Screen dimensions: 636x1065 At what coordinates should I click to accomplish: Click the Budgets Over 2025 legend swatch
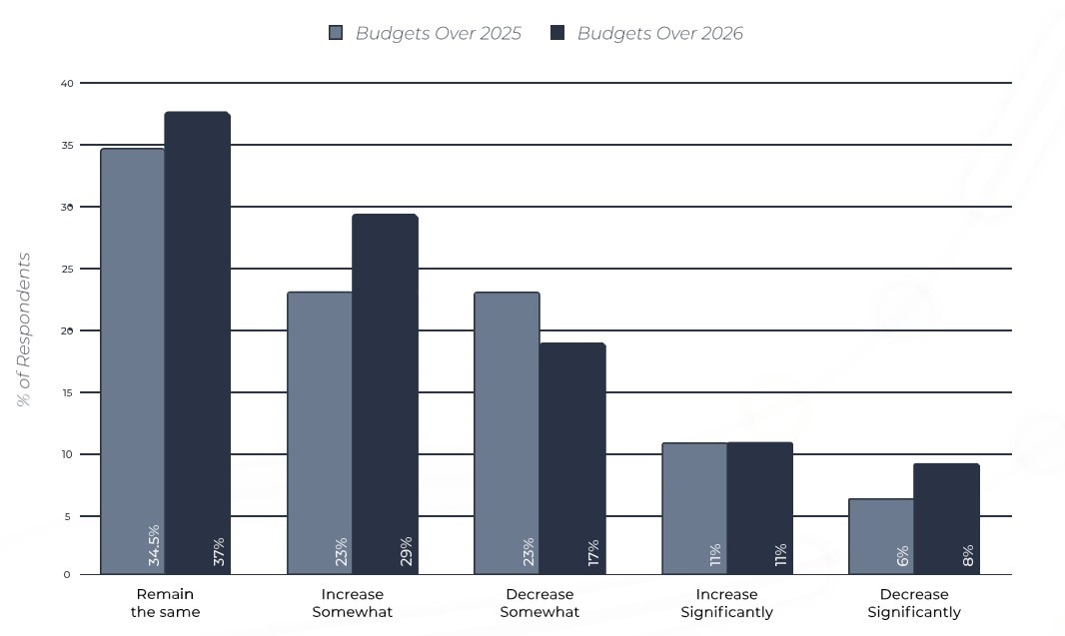click(336, 33)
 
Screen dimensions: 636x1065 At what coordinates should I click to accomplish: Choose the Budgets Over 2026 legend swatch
click(557, 33)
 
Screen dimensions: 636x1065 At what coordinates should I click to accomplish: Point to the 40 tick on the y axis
click(67, 83)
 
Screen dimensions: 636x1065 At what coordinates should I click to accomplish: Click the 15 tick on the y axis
click(67, 392)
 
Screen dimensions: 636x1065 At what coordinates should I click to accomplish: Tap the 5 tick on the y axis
click(67, 516)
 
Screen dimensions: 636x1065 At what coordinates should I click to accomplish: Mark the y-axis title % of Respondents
click(24, 329)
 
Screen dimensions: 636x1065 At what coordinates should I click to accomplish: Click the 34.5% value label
click(154, 545)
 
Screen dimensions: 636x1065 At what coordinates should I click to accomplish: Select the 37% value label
click(219, 552)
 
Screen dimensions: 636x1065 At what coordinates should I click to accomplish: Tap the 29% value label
click(406, 552)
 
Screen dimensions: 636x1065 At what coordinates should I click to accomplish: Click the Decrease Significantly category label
click(914, 603)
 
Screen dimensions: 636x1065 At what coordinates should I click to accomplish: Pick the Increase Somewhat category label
click(353, 603)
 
